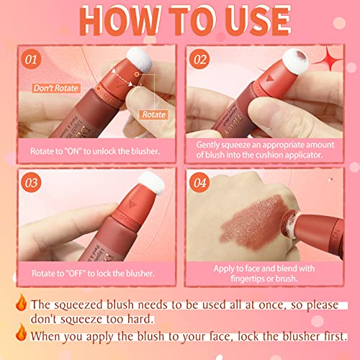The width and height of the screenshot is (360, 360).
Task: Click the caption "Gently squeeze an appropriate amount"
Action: coord(264,148)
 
